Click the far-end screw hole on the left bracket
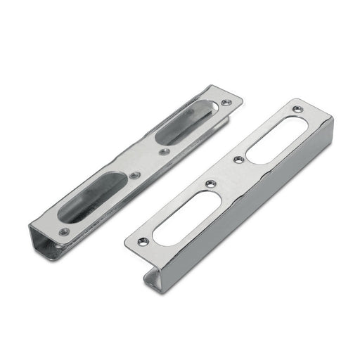[x=224, y=103]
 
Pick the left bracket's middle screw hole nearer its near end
[x=136, y=174]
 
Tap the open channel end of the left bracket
[x=44, y=243]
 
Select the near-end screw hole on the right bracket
[x=143, y=241]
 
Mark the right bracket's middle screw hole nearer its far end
[x=238, y=160]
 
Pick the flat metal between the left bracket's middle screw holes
[x=149, y=163]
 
